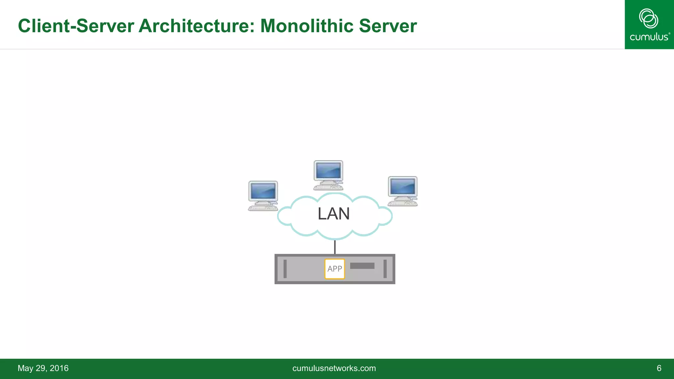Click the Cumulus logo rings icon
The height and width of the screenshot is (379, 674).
point(648,18)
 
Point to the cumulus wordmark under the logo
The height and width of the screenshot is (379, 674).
point(649,37)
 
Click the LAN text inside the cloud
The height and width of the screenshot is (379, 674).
point(333,214)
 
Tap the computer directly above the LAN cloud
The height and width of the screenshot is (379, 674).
point(328,175)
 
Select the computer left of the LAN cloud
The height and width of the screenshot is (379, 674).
point(263,195)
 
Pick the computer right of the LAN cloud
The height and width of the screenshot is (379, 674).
point(402,191)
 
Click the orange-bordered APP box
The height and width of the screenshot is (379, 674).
point(335,269)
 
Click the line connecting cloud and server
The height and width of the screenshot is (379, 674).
point(335,247)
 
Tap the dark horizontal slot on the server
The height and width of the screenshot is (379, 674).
point(362,266)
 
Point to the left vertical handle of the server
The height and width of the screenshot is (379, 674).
point(285,269)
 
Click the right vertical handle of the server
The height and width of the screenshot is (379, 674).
point(385,269)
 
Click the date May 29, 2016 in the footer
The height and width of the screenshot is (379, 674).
point(43,368)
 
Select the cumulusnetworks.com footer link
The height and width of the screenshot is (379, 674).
point(334,368)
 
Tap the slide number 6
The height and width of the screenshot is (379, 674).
point(659,368)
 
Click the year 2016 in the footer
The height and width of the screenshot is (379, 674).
point(59,368)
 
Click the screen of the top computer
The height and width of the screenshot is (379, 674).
point(328,171)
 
